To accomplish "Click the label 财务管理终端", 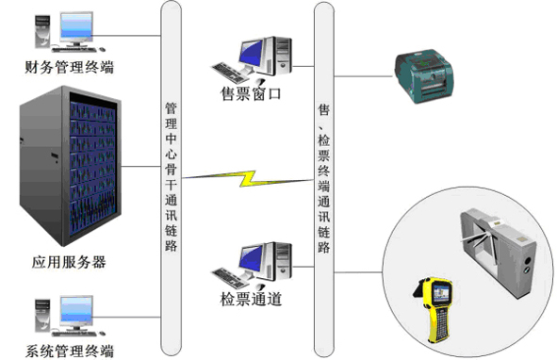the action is (69, 67).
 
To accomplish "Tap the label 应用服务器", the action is (69, 262).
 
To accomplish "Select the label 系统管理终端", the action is (70, 351).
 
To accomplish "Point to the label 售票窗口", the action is (251, 94).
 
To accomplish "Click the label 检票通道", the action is (251, 299).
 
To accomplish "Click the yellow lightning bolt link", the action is (248, 178).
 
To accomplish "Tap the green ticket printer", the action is (423, 76).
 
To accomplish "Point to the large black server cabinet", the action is (71, 166).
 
